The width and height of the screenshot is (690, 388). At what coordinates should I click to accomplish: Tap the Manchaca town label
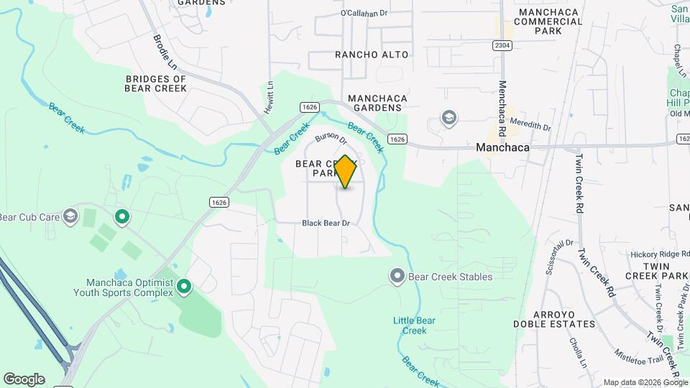point(502,147)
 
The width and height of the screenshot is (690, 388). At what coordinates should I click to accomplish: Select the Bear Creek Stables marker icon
point(397,276)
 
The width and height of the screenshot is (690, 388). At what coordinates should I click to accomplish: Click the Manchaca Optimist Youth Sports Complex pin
point(184,287)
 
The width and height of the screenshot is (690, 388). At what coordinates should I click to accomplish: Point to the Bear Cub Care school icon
point(70,216)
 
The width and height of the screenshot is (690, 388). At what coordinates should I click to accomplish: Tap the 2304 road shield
point(502,45)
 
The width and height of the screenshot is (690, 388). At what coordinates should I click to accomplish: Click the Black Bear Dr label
point(326,223)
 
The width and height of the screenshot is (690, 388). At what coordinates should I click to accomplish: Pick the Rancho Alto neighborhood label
point(372,55)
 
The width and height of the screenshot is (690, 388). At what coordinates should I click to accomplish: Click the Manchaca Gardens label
point(377,103)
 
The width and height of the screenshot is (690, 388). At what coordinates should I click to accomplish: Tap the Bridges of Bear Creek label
point(156,83)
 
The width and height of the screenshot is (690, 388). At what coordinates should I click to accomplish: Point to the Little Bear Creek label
point(410,325)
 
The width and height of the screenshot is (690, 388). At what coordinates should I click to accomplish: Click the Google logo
point(24,379)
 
